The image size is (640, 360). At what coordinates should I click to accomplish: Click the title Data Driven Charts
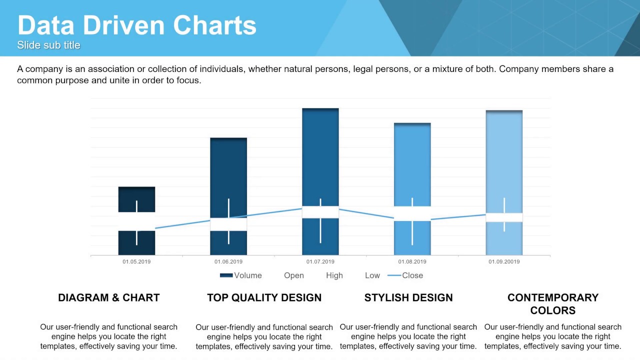[x=136, y=25]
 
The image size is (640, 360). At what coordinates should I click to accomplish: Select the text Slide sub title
[x=48, y=45]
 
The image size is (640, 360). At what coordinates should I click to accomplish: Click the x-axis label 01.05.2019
[x=136, y=261]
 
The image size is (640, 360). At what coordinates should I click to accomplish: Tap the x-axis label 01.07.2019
[x=320, y=261]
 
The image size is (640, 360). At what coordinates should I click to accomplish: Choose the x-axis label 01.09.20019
[x=504, y=261]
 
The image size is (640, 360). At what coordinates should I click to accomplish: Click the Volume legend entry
[x=241, y=275]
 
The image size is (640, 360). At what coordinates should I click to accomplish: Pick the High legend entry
[x=334, y=275]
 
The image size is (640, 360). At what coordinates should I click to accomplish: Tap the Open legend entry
[x=294, y=275]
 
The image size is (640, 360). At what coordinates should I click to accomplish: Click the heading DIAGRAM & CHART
[x=108, y=297]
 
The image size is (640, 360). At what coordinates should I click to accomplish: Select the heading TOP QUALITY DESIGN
[x=264, y=297]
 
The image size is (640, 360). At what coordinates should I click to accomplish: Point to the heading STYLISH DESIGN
[x=408, y=297]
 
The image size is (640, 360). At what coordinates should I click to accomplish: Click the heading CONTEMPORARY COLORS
[x=552, y=303]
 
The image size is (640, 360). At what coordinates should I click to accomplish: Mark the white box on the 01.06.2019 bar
[x=228, y=224]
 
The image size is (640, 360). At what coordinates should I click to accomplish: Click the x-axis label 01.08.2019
[x=412, y=261]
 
